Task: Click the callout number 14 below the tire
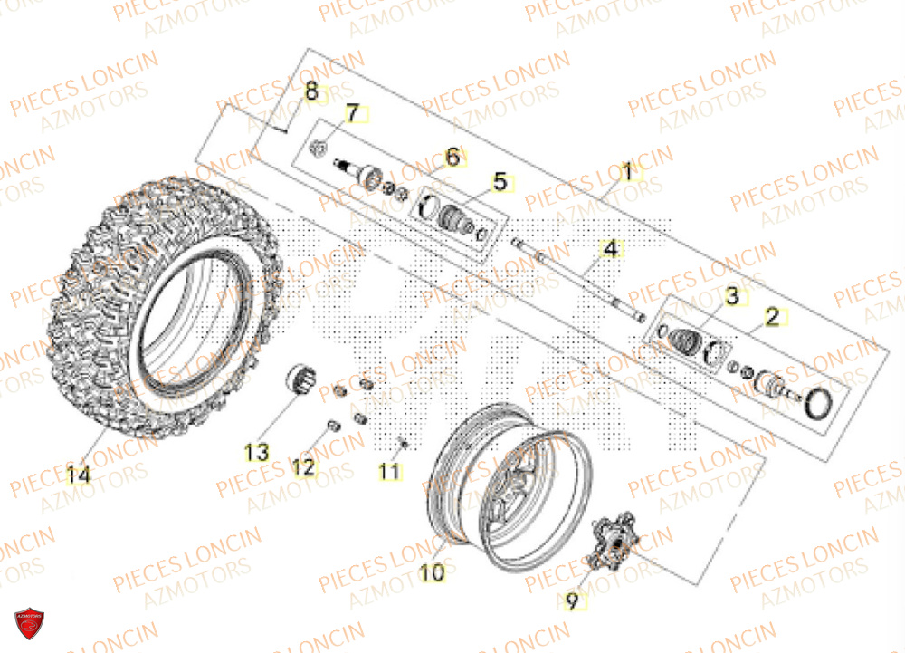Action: tap(78, 473)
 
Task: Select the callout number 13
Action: tap(257, 452)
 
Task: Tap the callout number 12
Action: tap(303, 467)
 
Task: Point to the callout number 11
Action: tap(389, 471)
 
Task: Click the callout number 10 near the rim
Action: tap(433, 572)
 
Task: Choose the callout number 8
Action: tap(310, 91)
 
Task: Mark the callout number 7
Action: tap(351, 113)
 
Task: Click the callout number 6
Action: tap(452, 158)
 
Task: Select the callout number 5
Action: tap(499, 183)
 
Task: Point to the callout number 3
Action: tap(731, 296)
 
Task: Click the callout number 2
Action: tap(772, 317)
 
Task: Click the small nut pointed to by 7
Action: tap(319, 150)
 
